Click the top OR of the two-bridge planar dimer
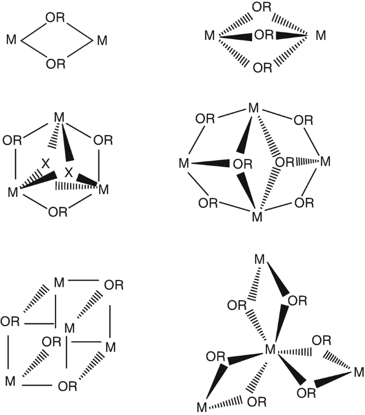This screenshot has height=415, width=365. [55, 18]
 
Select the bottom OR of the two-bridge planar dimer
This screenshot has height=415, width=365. [55, 65]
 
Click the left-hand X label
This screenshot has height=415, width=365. [45, 164]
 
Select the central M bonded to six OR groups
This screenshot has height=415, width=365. [270, 350]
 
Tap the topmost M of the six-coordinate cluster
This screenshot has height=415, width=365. [259, 260]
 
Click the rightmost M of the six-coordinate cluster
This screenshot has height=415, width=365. [359, 372]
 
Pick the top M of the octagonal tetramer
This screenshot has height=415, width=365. [254, 109]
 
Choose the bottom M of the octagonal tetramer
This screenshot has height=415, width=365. [257, 217]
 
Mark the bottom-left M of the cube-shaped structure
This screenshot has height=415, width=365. [11, 381]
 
